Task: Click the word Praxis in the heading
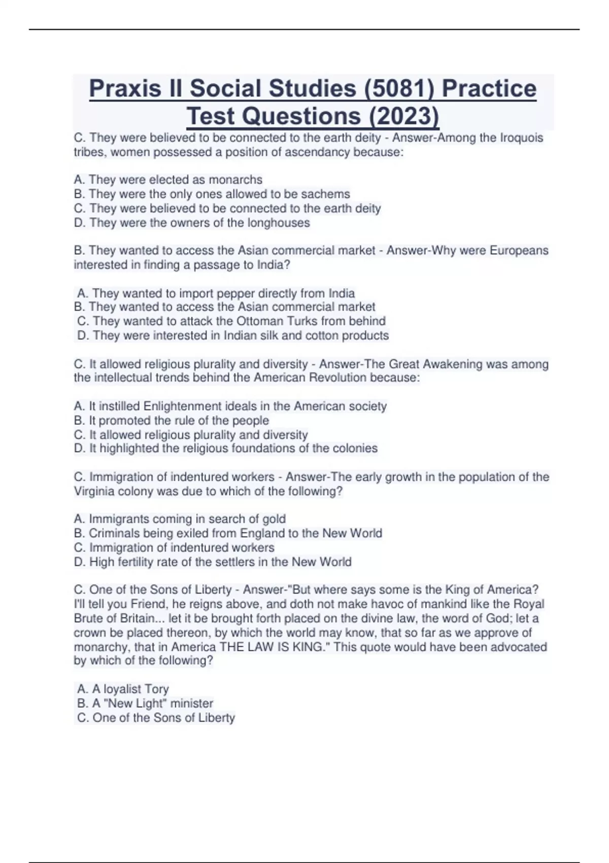pyautogui.click(x=129, y=88)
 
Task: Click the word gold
pyautogui.click(x=274, y=519)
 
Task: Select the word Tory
pyautogui.click(x=157, y=689)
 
